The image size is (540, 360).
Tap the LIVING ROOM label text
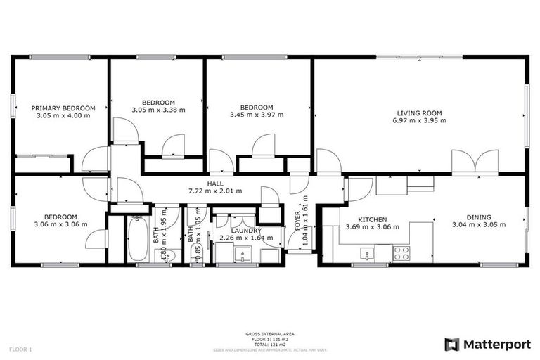coord(419,112)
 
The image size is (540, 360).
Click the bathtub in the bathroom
coord(137,238)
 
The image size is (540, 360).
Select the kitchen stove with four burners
coord(401,252)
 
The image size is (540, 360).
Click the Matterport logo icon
coord(452,344)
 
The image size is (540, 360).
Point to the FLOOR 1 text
coord(20,349)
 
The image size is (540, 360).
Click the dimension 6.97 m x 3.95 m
coord(419,120)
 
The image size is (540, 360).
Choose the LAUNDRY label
coord(246,230)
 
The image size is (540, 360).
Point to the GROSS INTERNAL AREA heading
coord(269,333)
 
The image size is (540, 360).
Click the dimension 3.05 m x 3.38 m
coord(158,109)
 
